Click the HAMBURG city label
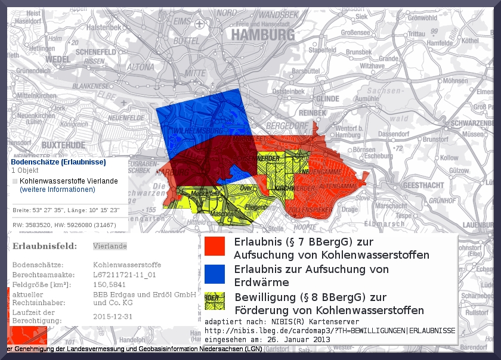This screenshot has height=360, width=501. tap(263, 35)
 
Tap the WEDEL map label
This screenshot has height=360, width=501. tap(57, 60)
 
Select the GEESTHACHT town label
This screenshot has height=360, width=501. tap(423, 185)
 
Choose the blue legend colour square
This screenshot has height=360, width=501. tap(214, 274)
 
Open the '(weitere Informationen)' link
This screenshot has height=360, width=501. tap(57, 190)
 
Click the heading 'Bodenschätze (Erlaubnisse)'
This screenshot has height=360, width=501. tap(58, 162)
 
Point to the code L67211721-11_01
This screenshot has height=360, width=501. tap(125, 275)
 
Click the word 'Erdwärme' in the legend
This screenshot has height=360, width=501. tap(262, 283)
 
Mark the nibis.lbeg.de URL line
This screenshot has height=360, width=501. tap(330, 330)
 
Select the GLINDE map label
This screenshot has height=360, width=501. tap(328, 99)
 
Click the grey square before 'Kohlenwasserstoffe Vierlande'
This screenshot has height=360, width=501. tap(15, 181)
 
